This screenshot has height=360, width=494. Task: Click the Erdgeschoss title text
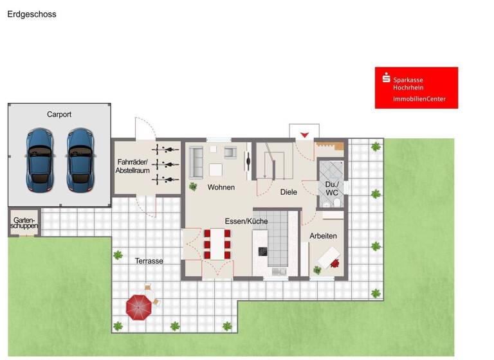click(32, 14)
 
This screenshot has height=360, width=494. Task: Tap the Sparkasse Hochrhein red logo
click(416, 87)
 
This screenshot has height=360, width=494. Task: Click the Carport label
click(59, 114)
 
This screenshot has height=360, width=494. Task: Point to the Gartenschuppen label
click(24, 223)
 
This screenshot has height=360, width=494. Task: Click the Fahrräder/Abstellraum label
click(133, 166)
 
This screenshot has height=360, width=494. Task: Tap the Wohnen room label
click(221, 187)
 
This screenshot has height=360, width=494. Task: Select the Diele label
click(289, 192)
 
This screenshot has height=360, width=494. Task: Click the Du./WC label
click(332, 188)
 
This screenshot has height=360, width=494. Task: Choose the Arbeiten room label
click(323, 236)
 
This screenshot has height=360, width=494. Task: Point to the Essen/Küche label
click(246, 221)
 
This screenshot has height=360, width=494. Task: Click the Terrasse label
click(149, 261)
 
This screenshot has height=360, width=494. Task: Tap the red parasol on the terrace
click(139, 305)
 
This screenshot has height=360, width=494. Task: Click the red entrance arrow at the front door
click(304, 134)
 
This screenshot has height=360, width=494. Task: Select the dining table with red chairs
click(217, 244)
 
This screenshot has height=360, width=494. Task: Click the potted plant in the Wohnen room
click(193, 186)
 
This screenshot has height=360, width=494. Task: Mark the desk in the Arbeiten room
click(328, 258)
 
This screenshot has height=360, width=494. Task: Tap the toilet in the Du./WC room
click(327, 204)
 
